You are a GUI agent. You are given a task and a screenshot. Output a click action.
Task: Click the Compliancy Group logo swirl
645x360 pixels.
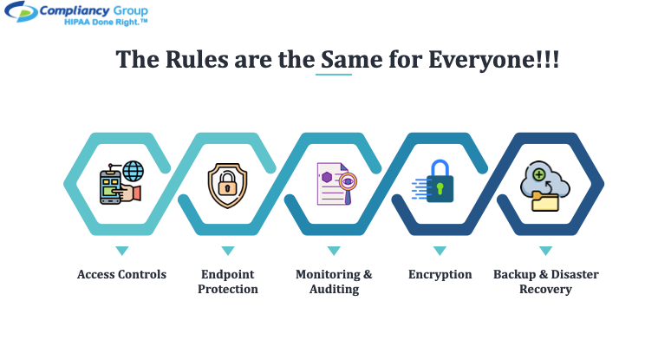[x=21, y=11]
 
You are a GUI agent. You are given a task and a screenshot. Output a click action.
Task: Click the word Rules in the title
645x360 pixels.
[x=197, y=60]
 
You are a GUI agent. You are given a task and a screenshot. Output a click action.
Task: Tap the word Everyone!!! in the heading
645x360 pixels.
[x=493, y=61]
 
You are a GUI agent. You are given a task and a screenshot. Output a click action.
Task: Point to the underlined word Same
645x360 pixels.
[x=351, y=60]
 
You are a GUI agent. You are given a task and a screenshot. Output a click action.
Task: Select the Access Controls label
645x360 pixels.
[x=121, y=274]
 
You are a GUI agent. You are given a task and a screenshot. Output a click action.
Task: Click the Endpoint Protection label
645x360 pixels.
[x=228, y=282]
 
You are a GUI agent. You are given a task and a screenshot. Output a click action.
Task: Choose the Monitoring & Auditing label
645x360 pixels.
[x=334, y=282]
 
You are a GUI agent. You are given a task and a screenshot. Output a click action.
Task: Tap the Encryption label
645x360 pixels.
[x=440, y=275]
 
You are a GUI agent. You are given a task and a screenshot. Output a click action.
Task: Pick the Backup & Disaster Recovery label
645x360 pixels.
[x=546, y=282]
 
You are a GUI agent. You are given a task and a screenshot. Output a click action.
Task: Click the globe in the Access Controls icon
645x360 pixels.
[x=134, y=171]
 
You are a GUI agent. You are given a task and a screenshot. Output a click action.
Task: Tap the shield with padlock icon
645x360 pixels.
[x=227, y=186]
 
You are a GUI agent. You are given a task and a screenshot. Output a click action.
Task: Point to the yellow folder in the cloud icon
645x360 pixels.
[x=545, y=201]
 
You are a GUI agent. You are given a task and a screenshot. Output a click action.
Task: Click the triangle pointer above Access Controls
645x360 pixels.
[x=122, y=251]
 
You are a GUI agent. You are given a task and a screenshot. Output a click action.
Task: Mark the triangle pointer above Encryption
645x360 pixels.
[x=440, y=251]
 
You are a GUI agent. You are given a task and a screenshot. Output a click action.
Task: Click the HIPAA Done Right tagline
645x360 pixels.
[x=106, y=23]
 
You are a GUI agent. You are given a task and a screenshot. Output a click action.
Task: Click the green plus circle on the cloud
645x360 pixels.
[x=539, y=175]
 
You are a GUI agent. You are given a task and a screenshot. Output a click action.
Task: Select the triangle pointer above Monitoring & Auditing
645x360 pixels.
[x=334, y=251]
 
